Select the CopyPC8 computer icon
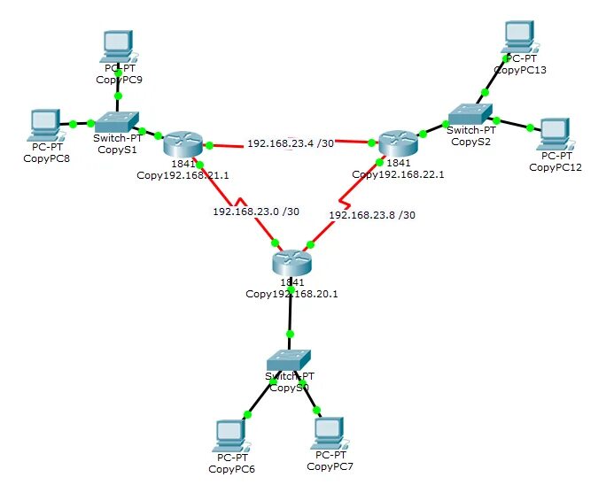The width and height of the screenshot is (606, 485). click(44, 124)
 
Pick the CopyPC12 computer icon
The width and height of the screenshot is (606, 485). click(555, 134)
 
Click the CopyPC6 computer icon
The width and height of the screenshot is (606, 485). click(231, 435)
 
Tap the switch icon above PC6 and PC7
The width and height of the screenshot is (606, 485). click(290, 360)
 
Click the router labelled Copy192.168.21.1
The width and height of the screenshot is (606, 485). click(183, 143)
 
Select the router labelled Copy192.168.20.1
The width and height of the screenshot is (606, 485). click(291, 262)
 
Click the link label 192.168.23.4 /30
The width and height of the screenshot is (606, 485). click(291, 143)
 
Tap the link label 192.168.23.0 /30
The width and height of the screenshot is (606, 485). click(256, 212)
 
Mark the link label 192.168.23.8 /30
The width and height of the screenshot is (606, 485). click(372, 214)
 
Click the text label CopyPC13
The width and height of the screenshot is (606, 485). click(520, 70)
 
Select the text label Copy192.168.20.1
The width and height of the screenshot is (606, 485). click(292, 294)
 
